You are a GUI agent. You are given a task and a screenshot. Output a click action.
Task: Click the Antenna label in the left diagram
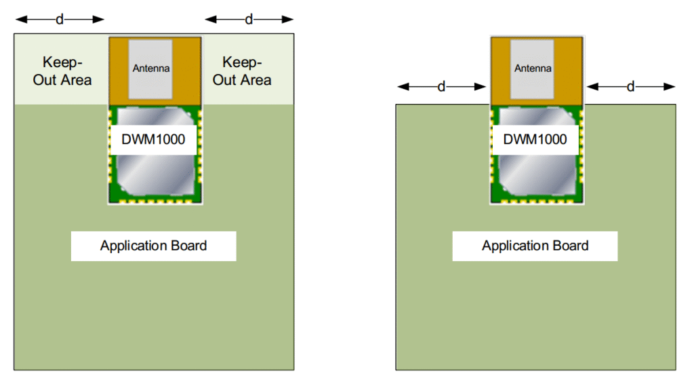tap(151, 69)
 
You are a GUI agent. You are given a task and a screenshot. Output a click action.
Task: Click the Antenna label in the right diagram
tap(533, 69)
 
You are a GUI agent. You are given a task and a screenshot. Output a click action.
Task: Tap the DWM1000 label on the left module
tap(154, 140)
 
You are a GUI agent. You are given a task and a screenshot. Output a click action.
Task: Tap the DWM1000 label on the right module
tap(535, 140)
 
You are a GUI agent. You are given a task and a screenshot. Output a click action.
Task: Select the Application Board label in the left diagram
tap(153, 246)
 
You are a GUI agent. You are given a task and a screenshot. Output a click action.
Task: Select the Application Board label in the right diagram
tap(535, 246)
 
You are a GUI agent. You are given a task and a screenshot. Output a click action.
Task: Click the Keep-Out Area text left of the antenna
tap(62, 71)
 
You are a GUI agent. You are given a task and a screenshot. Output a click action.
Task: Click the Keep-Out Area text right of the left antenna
tap(242, 71)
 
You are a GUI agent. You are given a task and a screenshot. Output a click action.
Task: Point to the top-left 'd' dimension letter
tap(60, 20)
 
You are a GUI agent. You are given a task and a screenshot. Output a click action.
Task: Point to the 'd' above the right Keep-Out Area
tap(249, 20)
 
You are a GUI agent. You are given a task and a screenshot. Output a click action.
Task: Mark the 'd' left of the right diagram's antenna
tap(441, 87)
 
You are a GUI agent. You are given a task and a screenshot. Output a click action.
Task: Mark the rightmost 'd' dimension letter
tap(630, 87)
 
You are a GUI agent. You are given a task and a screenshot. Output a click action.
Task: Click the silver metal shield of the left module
tap(154, 170)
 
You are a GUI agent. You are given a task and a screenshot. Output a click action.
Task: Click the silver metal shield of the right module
tap(535, 170)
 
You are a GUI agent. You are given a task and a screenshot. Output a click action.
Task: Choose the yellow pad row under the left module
tap(155, 201)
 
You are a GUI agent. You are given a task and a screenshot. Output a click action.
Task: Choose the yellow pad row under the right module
tap(536, 201)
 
